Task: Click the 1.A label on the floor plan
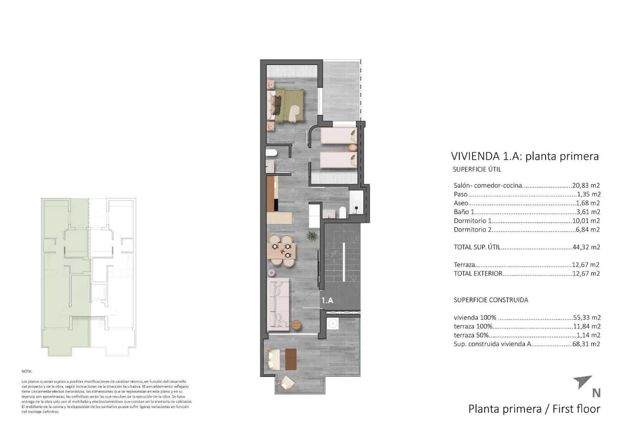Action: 327,300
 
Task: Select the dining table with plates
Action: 282,251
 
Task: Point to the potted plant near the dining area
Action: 311,236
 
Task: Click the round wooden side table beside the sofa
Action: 296,324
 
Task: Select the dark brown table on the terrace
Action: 290,359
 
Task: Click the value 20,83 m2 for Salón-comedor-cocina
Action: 586,186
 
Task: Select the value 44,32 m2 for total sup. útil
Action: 586,247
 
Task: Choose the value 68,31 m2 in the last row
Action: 586,344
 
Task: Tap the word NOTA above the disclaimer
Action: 27,372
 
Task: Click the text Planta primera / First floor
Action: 534,409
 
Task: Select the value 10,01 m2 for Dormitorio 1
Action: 586,221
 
